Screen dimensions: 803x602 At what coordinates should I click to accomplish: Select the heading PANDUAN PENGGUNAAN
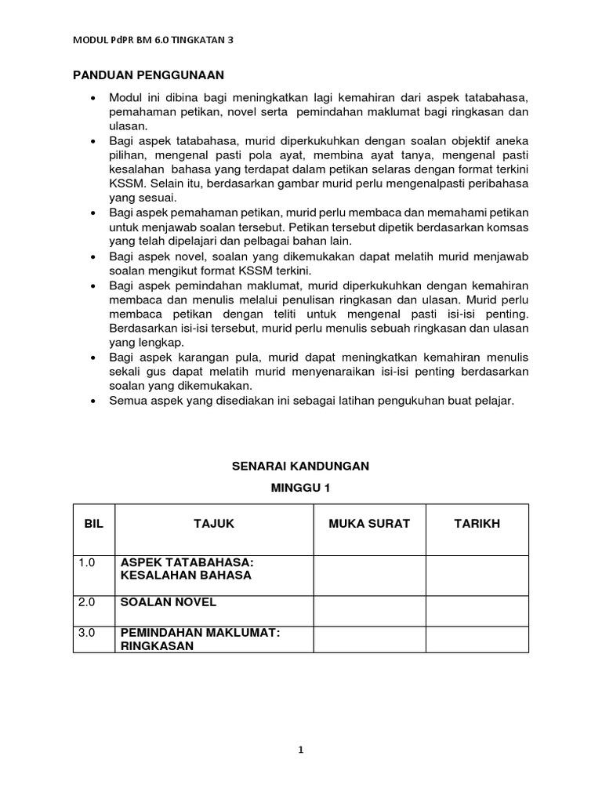pos(149,75)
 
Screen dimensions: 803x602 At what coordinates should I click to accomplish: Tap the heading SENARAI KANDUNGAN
pos(301,466)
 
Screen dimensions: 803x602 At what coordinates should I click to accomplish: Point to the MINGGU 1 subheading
pos(301,488)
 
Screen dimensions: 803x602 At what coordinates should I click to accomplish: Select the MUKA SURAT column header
pos(369,523)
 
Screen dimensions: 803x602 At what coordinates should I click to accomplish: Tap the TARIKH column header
pos(477,523)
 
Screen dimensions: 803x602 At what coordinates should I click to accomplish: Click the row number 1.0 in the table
pos(87,562)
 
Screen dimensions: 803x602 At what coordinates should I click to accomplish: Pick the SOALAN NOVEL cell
pos(168,602)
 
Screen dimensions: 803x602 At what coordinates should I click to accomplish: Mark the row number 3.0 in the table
pos(87,632)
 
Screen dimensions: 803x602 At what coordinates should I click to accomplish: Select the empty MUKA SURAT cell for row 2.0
pos(369,609)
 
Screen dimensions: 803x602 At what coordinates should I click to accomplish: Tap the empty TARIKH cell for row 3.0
pos(477,638)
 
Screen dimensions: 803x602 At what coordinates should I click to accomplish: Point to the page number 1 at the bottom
pos(300,750)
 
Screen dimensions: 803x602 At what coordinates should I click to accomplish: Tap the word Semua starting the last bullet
pos(129,401)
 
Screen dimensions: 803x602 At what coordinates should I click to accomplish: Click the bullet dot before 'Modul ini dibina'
pos(93,97)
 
